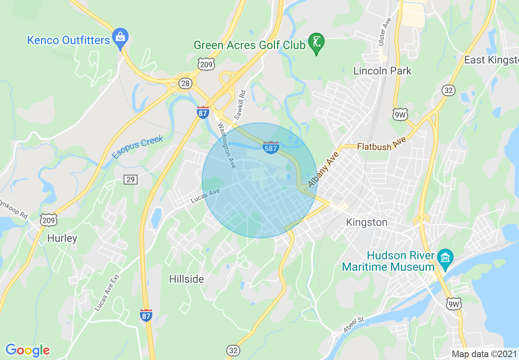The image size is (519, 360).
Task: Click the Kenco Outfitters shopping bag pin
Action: click(x=120, y=38)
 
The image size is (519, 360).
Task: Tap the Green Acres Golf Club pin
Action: click(x=316, y=42)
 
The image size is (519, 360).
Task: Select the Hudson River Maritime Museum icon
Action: click(x=445, y=258)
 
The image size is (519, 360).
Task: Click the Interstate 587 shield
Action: click(x=271, y=148)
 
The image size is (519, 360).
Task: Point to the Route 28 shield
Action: click(x=185, y=83)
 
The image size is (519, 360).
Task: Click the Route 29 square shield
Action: click(x=131, y=179)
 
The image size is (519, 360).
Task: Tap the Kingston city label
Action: click(x=366, y=222)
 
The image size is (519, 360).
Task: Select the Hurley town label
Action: click(x=62, y=238)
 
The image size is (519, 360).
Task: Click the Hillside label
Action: click(x=187, y=279)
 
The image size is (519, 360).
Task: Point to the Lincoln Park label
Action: click(x=382, y=71)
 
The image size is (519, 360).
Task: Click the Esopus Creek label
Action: click(x=138, y=147)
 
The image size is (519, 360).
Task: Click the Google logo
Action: click(x=27, y=350)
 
